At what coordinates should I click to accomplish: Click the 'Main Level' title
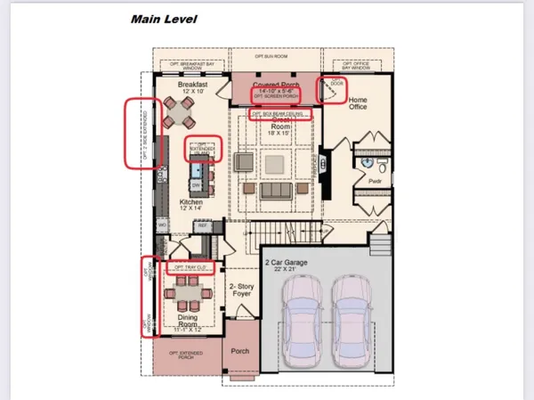(x=164, y=19)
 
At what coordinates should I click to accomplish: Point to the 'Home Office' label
(x=358, y=104)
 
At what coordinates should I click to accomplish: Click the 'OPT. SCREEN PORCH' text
(x=274, y=96)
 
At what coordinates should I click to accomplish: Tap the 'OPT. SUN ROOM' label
(x=273, y=54)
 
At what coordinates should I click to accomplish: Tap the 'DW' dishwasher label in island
(x=194, y=186)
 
